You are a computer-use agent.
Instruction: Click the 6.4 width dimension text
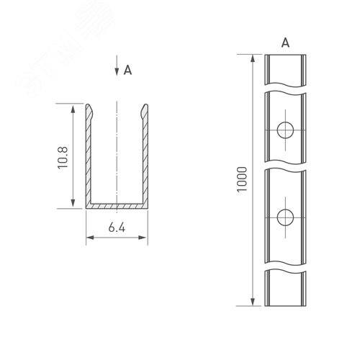(117, 228)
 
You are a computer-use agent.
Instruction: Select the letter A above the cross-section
(127, 71)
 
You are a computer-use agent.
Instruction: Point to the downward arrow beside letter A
(117, 70)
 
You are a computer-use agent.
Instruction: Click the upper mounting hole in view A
(284, 130)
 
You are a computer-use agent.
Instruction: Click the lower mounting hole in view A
(284, 217)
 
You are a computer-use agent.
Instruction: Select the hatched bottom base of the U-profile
(117, 205)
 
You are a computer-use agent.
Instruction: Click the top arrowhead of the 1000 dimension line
(253, 58)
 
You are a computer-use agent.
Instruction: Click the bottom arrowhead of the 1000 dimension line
(253, 301)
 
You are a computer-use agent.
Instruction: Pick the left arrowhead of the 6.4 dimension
(89, 238)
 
